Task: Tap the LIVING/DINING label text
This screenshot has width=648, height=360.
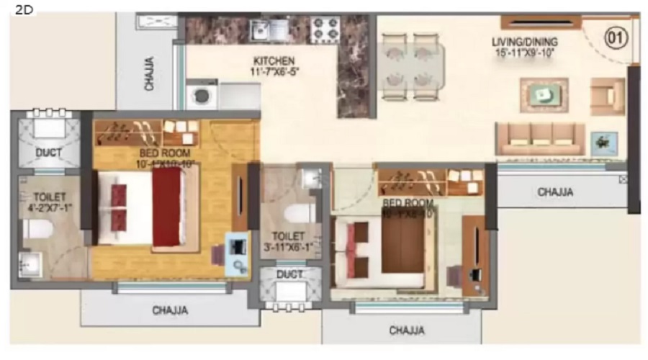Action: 525,42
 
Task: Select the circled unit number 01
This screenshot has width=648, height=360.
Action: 616,37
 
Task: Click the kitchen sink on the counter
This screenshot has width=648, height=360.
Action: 260,30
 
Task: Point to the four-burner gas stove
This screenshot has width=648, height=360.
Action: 325,30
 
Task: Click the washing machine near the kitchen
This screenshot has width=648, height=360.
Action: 199,95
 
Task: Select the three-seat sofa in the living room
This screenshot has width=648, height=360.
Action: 539,138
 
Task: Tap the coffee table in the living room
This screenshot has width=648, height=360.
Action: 544,94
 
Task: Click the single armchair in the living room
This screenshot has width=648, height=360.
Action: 607,96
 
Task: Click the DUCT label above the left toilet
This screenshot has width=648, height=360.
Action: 48,153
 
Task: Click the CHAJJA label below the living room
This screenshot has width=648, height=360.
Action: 556,192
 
